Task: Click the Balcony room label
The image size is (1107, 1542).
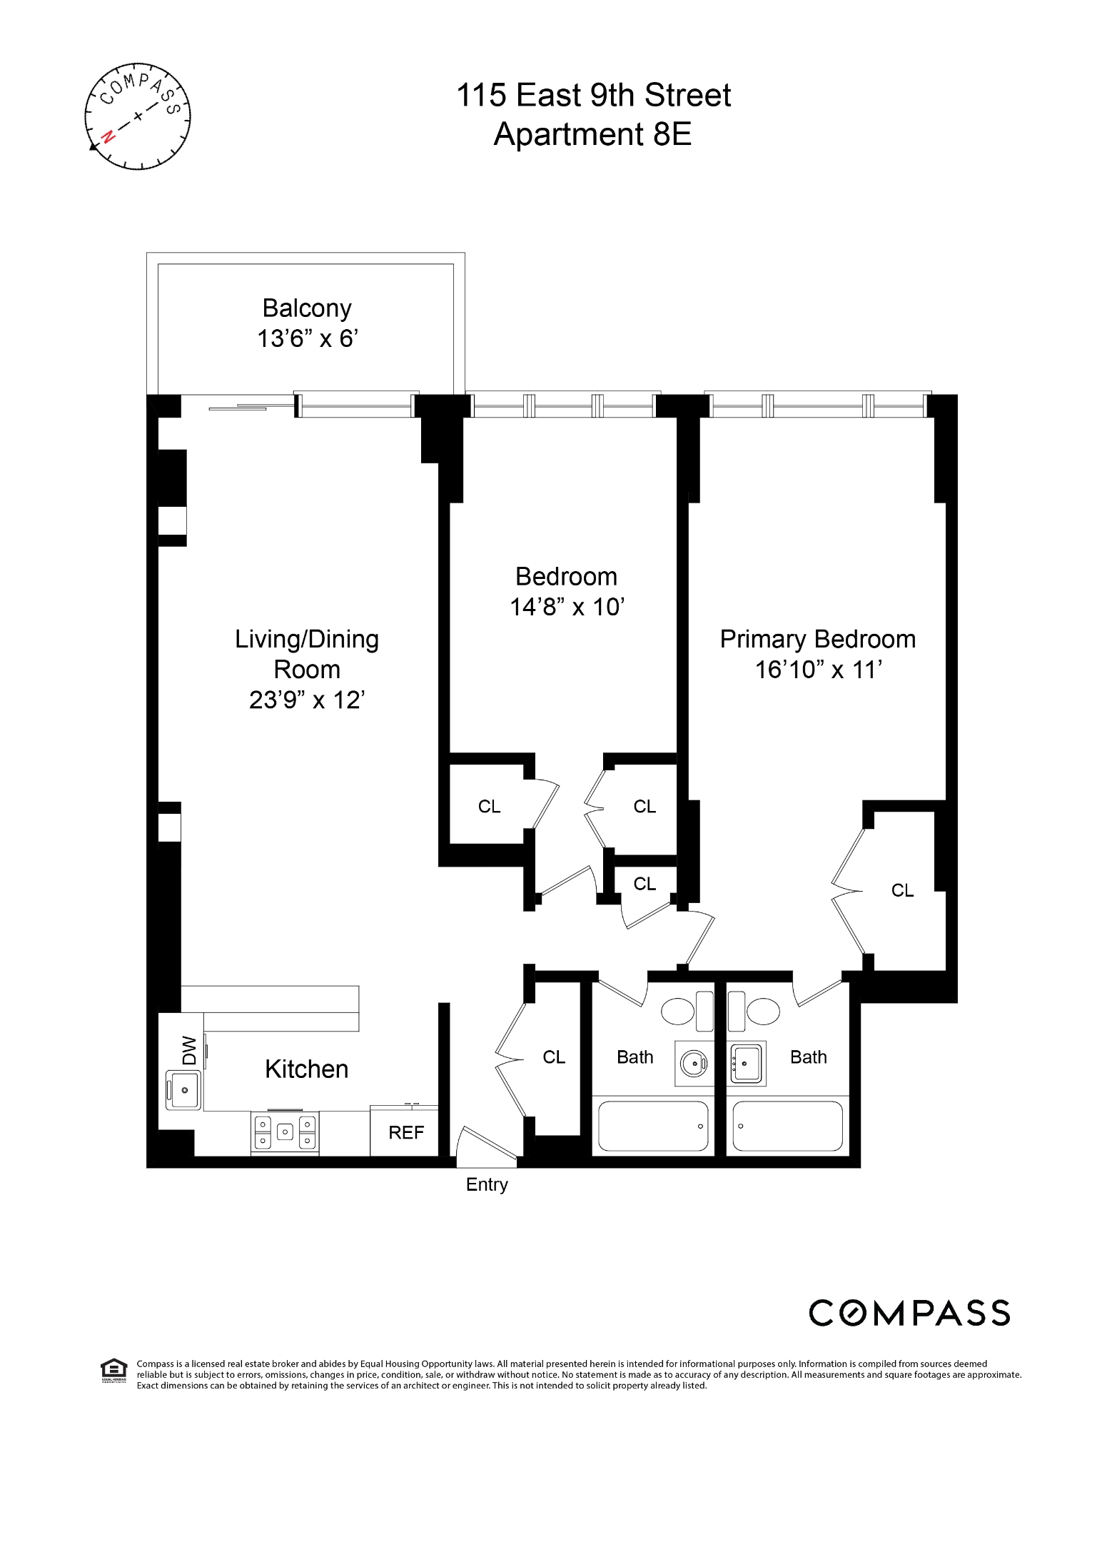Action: point(307,308)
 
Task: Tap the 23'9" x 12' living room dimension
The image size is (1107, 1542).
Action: point(307,700)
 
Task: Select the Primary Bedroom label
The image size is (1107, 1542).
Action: point(817,639)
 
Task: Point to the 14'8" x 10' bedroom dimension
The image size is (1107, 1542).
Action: point(567,608)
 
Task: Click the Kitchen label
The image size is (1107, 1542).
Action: point(307,1069)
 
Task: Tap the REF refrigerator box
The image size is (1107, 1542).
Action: point(405,1132)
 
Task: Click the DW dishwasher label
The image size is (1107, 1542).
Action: point(189,1050)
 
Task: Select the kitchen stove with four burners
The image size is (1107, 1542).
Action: point(285,1132)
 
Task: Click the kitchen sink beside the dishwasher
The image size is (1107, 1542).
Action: point(183,1090)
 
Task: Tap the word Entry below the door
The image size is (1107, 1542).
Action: point(487,1184)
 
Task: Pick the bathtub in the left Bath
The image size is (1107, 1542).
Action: point(652,1126)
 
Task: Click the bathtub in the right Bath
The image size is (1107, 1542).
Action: point(787,1126)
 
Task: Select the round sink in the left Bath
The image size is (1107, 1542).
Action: point(694,1064)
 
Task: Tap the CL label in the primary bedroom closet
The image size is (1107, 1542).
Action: point(902,890)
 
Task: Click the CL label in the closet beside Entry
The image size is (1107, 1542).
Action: point(554,1057)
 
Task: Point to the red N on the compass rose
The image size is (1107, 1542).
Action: point(108,136)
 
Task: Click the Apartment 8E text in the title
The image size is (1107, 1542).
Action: point(592,134)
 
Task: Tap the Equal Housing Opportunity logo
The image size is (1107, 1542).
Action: point(113,1371)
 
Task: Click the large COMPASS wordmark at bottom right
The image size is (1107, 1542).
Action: point(909,1313)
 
